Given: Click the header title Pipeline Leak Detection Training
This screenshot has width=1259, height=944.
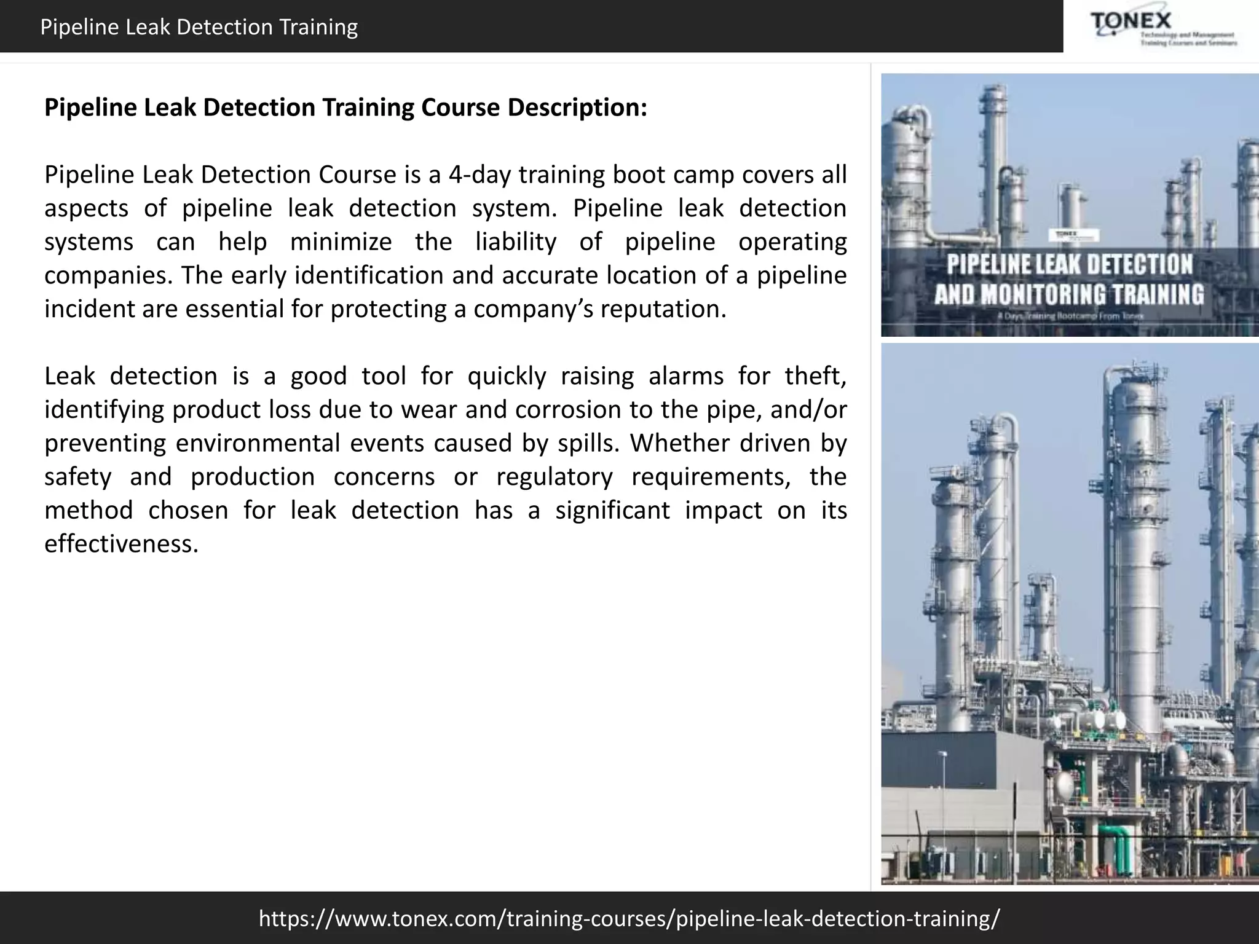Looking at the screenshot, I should click(199, 27).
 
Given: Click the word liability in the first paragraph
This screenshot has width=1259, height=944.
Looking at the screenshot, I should click(516, 242).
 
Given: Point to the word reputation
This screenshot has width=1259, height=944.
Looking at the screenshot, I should click(662, 309).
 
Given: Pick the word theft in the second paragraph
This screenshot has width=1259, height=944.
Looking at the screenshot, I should click(814, 376).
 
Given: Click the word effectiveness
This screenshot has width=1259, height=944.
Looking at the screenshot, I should click(121, 544).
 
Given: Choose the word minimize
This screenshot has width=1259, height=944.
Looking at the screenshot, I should click(341, 242).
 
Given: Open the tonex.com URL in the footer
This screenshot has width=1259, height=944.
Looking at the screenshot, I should click(629, 918).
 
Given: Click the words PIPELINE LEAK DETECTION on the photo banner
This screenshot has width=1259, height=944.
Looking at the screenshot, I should click(1069, 264).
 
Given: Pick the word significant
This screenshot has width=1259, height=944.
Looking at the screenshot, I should click(612, 510).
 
